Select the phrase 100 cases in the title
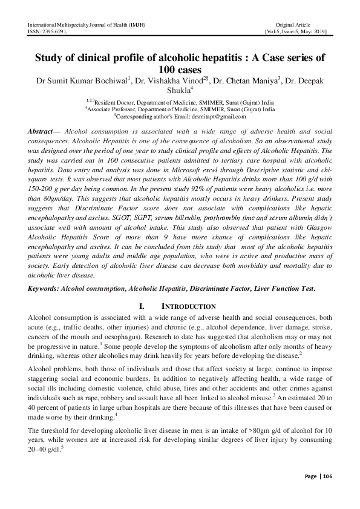coord(180,70)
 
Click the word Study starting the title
coord(52,58)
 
